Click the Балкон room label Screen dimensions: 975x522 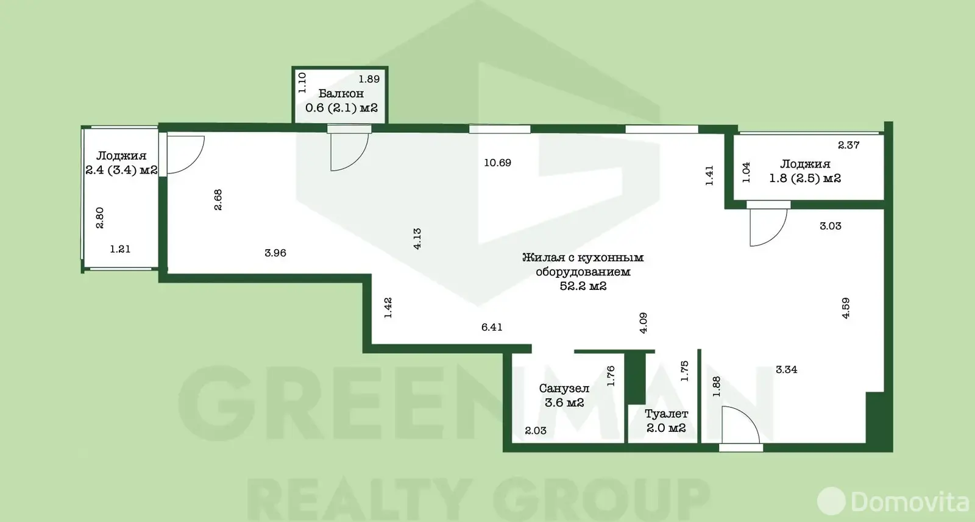[341, 94]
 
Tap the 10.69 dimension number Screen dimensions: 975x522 [497, 163]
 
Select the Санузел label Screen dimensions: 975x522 [564, 388]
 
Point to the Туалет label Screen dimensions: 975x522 [667, 414]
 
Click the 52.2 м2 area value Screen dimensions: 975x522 [583, 286]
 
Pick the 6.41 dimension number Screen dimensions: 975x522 [492, 326]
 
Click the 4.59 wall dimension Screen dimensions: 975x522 [846, 308]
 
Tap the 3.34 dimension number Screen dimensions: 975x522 [787, 369]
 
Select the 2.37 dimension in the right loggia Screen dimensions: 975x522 [849, 145]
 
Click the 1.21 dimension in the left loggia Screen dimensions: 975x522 [120, 249]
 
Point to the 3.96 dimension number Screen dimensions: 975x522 [275, 253]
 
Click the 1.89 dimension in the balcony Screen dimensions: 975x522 [369, 79]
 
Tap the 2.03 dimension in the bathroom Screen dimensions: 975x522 [536, 430]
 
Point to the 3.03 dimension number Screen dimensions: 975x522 [831, 226]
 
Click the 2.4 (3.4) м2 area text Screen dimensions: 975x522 [121, 170]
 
